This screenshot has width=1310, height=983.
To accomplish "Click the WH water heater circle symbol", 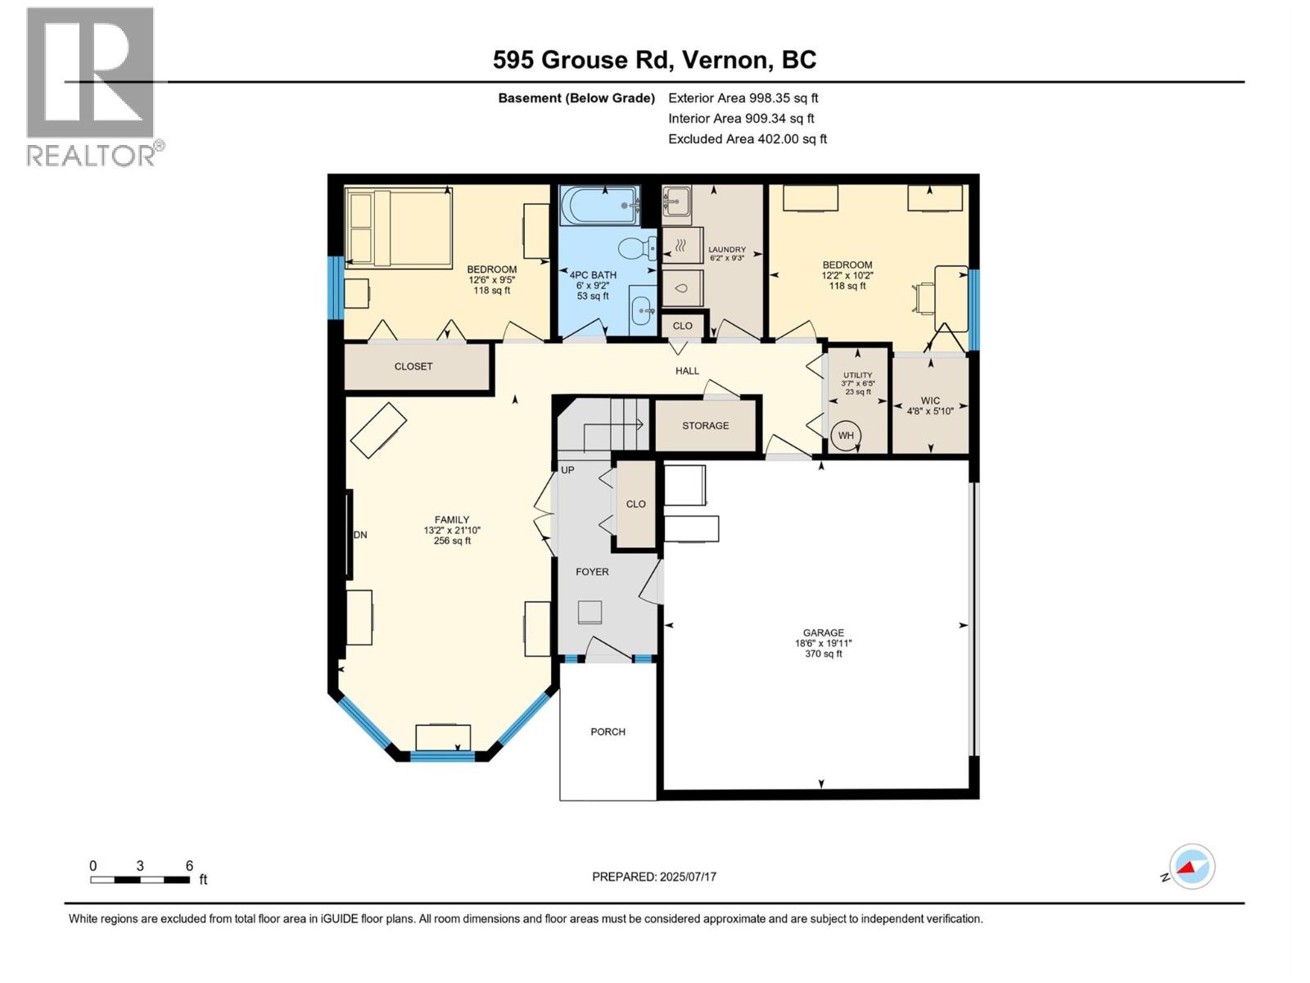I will tap(846, 435).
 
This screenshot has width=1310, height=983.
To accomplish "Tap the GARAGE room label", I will tap(823, 632).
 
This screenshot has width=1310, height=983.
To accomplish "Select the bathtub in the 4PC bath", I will tap(599, 205).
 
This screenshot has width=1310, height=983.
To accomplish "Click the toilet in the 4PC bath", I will tap(635, 247).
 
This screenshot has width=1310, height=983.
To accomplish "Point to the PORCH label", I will tap(608, 732).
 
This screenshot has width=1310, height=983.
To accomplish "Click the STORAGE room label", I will tap(705, 425).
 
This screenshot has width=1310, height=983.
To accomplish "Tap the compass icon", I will tap(1192, 867).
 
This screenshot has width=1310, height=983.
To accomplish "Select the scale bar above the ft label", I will tap(140, 880).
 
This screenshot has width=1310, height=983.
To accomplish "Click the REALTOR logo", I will tap(92, 86).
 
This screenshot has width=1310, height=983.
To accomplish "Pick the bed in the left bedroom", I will tap(399, 228).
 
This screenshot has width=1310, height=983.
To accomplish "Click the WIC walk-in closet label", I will tap(930, 401).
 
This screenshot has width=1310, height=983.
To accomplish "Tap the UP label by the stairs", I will tap(567, 470).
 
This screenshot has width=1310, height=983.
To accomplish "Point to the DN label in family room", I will tap(360, 535).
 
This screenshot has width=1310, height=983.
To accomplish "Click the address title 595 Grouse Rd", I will tap(653, 60).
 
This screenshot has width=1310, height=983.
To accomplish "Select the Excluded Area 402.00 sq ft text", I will tap(747, 139).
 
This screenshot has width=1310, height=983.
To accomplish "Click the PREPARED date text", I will tap(653, 877).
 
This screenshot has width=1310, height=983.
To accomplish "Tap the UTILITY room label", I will tap(857, 375).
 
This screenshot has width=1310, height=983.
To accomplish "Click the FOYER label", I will tap(592, 572).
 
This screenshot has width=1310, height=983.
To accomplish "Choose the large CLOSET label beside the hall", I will tap(413, 366).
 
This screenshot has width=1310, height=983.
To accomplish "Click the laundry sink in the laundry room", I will tap(676, 199).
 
